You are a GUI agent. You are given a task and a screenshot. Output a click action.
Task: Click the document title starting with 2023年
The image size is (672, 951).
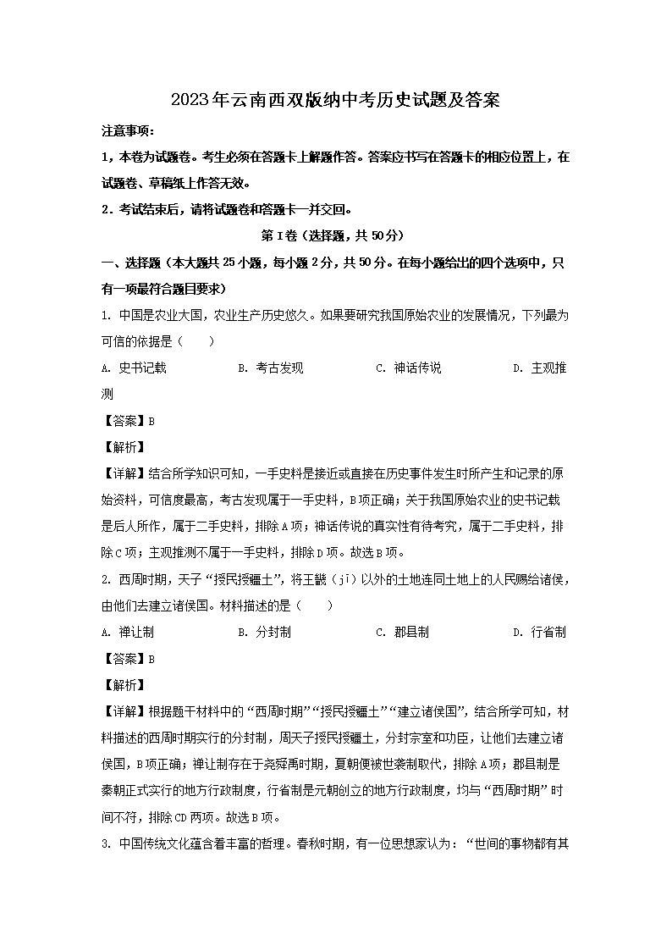(x=335, y=100)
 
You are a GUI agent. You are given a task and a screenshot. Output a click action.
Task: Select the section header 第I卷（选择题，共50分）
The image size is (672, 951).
(x=335, y=235)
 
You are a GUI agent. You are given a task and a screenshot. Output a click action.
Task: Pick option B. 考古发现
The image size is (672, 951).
(x=270, y=368)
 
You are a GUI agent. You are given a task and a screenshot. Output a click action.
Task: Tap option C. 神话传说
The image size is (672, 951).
(x=408, y=368)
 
